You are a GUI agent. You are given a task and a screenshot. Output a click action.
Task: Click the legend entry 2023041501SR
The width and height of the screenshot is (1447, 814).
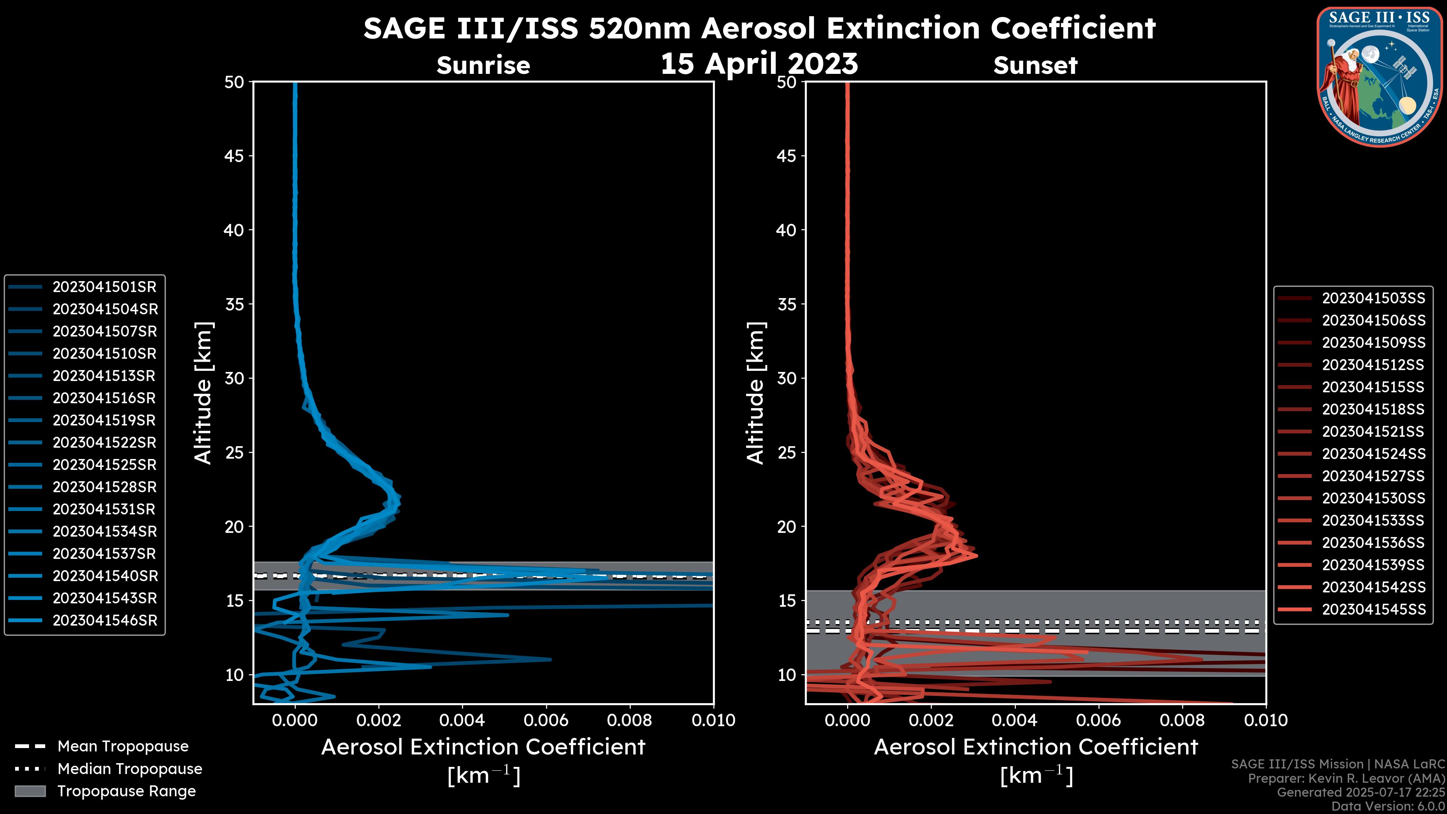104,287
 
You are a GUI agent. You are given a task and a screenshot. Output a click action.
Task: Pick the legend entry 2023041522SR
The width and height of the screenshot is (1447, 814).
104,443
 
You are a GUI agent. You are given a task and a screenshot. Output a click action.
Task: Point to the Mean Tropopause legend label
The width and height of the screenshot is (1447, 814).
122,747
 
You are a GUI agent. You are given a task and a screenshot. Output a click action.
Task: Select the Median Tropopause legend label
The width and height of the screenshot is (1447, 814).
129,769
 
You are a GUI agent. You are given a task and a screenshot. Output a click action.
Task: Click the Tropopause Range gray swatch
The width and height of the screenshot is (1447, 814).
30,791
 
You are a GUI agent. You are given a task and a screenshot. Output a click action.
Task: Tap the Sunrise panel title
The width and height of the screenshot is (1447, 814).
483,66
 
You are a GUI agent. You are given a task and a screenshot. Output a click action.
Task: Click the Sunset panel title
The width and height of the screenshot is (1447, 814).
1035,66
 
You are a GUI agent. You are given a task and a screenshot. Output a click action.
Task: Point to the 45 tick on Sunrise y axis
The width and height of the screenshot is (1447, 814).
234,156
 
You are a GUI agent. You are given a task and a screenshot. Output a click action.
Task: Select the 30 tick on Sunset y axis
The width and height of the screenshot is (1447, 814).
786,379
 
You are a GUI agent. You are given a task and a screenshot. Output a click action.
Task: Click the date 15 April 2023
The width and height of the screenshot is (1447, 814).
759,63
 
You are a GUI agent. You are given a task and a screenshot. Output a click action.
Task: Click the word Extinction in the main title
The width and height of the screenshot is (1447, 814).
866,28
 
